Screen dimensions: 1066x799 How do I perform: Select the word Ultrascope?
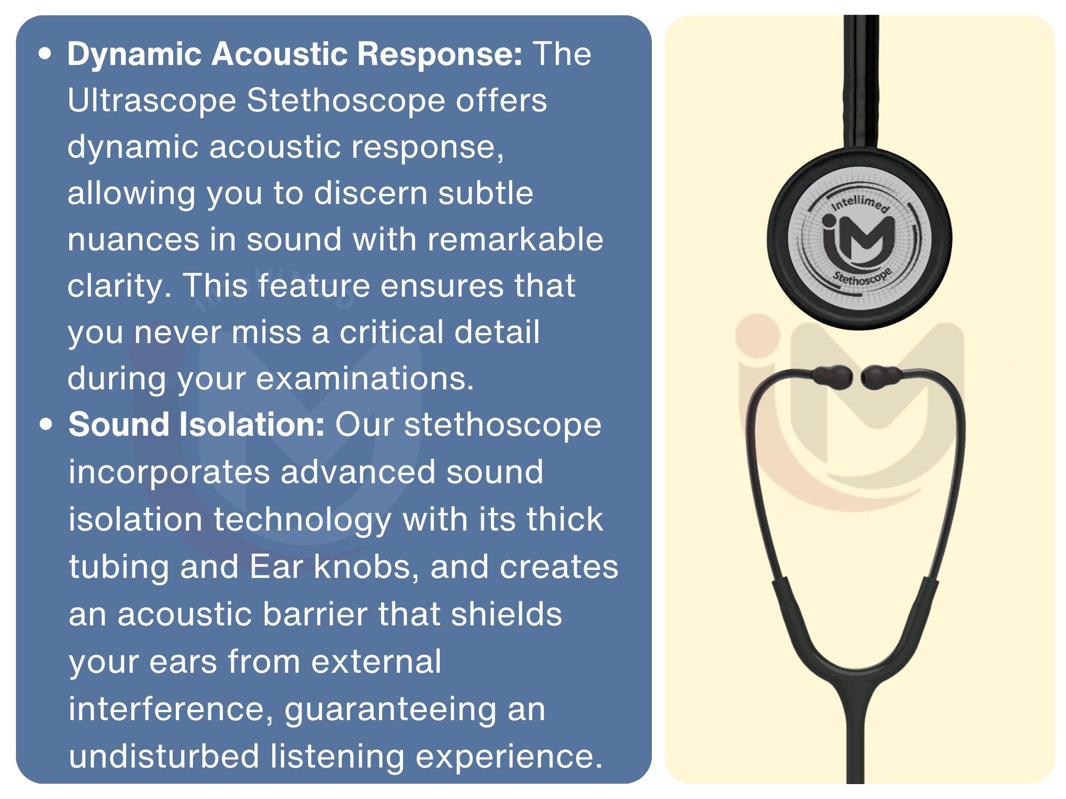pos(152,101)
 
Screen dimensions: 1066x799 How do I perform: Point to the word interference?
pos(171,710)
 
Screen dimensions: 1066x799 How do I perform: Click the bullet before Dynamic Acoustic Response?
pos(45,54)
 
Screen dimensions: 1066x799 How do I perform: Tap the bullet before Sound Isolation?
pos(46,425)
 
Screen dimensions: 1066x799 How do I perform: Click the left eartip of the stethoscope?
pos(831,377)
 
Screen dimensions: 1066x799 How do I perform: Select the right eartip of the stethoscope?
pos(881,377)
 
